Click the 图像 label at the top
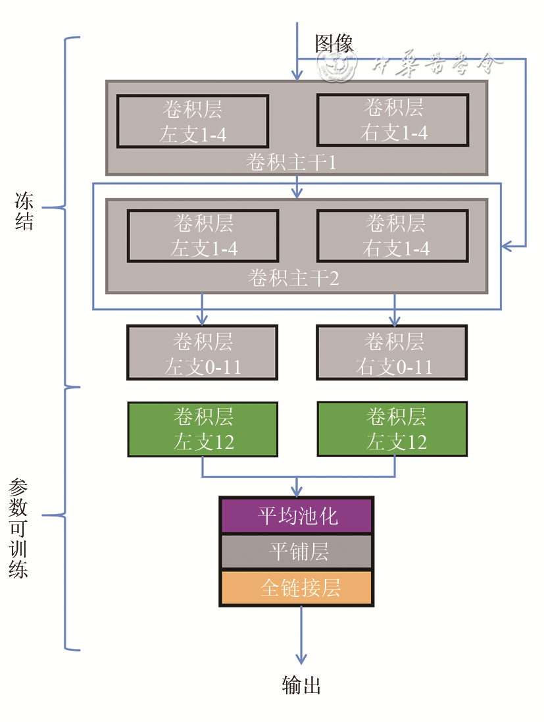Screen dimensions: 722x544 pyautogui.click(x=334, y=43)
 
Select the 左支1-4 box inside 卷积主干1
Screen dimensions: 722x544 pyautogui.click(x=193, y=121)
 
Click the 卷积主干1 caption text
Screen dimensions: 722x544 pyautogui.click(x=291, y=162)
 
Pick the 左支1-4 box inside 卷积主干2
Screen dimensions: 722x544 pyautogui.click(x=203, y=236)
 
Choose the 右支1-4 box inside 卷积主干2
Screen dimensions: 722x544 pyautogui.click(x=393, y=236)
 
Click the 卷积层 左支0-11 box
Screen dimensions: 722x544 pyautogui.click(x=203, y=353)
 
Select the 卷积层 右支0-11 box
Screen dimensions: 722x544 pyautogui.click(x=392, y=353)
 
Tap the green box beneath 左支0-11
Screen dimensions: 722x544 pyautogui.click(x=203, y=429)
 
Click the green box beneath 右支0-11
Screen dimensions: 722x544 pyautogui.click(x=392, y=429)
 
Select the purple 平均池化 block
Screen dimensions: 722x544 pyautogui.click(x=297, y=515)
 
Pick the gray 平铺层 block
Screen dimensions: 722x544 pyautogui.click(x=297, y=552)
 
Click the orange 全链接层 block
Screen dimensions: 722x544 pyautogui.click(x=297, y=588)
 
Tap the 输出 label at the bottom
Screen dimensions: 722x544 pyautogui.click(x=301, y=686)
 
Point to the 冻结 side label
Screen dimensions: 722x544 pyautogui.click(x=24, y=211)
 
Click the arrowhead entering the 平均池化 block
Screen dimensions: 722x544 pyautogui.click(x=297, y=492)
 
